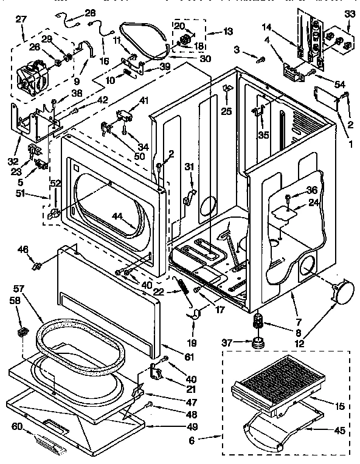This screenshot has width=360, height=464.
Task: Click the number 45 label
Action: point(339,431)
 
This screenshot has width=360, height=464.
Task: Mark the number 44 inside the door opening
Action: point(117,216)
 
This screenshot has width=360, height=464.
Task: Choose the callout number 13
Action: point(211,32)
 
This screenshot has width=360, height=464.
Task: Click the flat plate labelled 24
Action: point(281,210)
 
